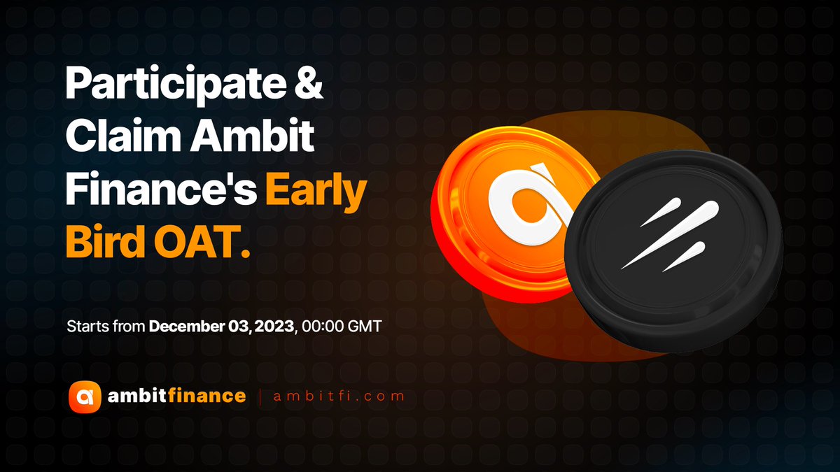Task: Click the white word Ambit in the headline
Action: point(252,135)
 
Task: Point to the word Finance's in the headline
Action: point(161,188)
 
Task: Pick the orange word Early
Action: point(316,191)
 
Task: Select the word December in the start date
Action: point(186,327)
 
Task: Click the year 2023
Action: point(274,327)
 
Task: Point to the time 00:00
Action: point(323,327)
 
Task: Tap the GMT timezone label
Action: point(365,327)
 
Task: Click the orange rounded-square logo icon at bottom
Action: point(85,396)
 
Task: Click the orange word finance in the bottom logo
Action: point(206,396)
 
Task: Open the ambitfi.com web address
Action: point(339,396)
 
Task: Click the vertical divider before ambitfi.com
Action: point(260,397)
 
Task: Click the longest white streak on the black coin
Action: point(670,235)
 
